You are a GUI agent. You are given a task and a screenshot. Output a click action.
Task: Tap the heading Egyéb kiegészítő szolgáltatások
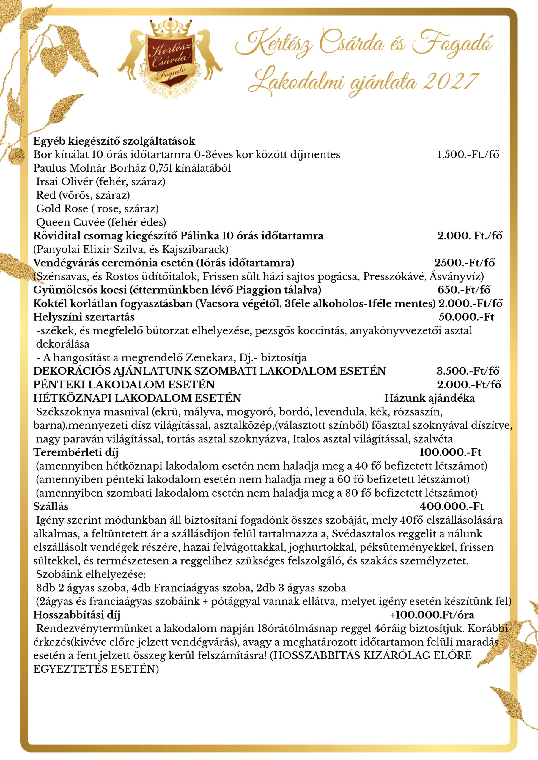[114, 141]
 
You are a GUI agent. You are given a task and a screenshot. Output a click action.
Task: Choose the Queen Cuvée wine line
[101, 222]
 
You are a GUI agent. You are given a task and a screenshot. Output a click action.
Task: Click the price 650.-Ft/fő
[464, 290]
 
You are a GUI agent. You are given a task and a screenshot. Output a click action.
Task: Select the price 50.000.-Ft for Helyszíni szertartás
[466, 317]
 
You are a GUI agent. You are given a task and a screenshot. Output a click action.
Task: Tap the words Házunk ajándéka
[429, 398]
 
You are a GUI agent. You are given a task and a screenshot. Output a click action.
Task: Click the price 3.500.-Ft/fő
[467, 371]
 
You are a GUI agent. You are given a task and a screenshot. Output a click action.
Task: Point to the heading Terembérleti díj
[75, 452]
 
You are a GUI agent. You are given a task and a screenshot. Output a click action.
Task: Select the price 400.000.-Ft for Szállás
[452, 506]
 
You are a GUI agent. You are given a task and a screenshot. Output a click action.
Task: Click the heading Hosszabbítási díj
[77, 615]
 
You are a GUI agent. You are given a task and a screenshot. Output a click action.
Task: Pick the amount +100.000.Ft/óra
[432, 615]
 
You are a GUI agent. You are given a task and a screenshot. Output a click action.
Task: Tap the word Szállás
[51, 506]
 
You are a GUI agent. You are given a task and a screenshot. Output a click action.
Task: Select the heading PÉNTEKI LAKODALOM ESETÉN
[124, 384]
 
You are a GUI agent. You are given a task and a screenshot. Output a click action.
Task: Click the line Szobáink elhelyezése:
[91, 574]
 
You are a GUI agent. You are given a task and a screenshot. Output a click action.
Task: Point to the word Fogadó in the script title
[452, 45]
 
